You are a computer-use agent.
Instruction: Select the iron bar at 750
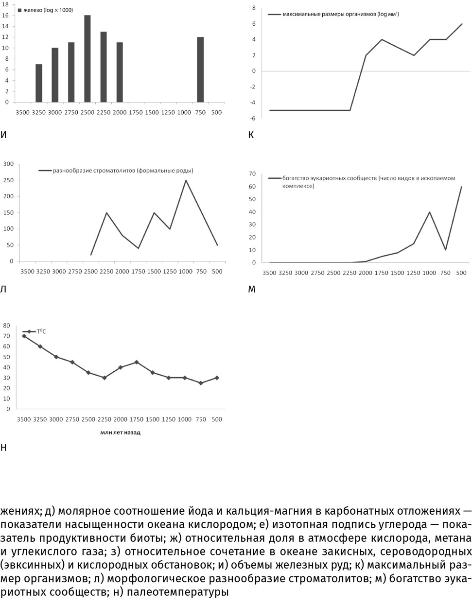click(x=200, y=69)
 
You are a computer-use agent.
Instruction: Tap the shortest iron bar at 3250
click(x=39, y=83)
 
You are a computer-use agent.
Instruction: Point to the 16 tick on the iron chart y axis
click(x=5, y=16)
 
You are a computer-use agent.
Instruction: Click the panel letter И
click(x=4, y=135)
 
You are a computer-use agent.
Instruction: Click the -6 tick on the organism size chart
click(x=253, y=118)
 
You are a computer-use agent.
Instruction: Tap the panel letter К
click(x=251, y=135)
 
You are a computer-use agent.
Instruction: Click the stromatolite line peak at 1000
click(x=186, y=180)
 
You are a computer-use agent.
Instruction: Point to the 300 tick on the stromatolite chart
click(x=8, y=164)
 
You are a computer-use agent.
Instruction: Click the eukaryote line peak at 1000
click(x=429, y=211)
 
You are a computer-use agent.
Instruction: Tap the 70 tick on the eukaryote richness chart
click(x=252, y=173)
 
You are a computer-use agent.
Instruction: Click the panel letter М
click(x=251, y=289)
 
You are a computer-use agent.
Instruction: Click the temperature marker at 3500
click(x=24, y=336)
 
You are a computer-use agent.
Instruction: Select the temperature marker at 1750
click(x=137, y=362)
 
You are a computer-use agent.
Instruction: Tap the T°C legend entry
click(x=41, y=331)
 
